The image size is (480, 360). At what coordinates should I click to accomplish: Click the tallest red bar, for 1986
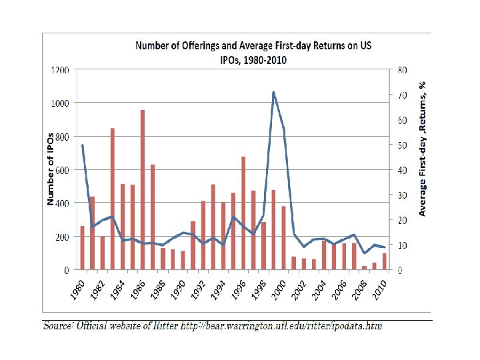click(143, 190)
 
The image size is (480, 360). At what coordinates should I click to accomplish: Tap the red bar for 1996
click(243, 213)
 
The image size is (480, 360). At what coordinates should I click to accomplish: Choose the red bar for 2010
click(384, 261)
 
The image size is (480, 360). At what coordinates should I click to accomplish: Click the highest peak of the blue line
click(273, 93)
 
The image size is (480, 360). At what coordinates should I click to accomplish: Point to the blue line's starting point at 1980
click(83, 145)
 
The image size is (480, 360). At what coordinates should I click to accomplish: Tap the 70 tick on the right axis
click(403, 95)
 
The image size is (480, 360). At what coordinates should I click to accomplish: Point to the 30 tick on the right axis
click(403, 195)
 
